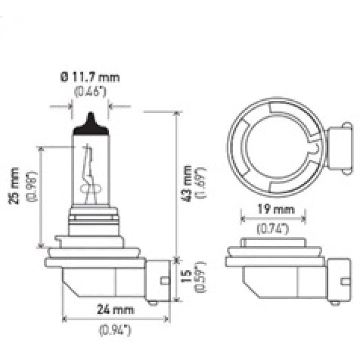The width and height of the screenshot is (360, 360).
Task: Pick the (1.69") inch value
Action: (201, 182)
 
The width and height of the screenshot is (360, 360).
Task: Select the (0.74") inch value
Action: (273, 229)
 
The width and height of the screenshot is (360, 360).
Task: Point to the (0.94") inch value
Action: (115, 331)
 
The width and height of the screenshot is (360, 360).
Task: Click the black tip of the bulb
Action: (91, 124)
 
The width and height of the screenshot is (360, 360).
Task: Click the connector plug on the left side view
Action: (158, 280)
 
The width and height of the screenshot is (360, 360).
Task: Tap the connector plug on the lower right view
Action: (339, 280)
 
